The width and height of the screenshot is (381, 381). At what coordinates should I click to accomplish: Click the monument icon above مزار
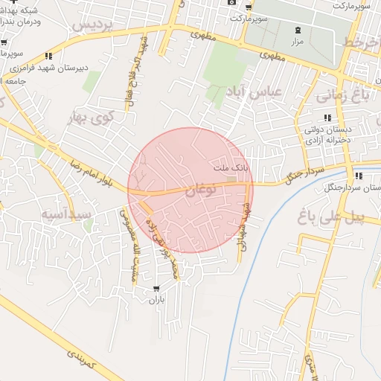point(298,31)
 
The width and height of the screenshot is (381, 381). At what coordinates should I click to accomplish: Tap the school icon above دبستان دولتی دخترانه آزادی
point(327,118)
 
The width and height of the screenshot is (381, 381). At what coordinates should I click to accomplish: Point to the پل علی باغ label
point(339,217)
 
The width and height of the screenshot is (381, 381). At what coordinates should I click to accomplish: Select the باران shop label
point(156,301)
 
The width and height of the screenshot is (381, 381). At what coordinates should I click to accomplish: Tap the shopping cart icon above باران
point(156,288)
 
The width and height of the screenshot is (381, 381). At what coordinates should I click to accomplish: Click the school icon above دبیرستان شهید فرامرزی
point(49,56)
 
